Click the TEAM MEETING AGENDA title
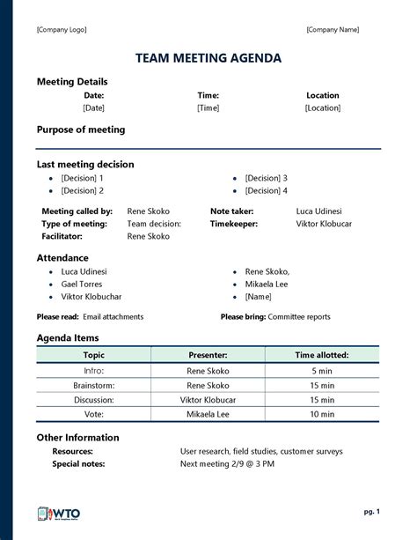click(208, 58)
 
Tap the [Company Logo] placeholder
click(62, 30)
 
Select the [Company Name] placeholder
click(333, 30)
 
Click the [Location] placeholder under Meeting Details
click(322, 107)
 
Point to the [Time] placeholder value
click(208, 107)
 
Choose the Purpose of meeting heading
click(81, 129)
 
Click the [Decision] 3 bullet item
click(266, 178)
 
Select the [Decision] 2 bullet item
click(82, 190)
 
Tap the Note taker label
click(232, 211)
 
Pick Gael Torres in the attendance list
click(82, 285)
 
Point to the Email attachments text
click(113, 316)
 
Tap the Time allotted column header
click(322, 355)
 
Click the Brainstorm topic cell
click(93, 385)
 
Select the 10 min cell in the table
click(322, 413)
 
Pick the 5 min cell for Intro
click(322, 371)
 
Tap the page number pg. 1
click(371, 510)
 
